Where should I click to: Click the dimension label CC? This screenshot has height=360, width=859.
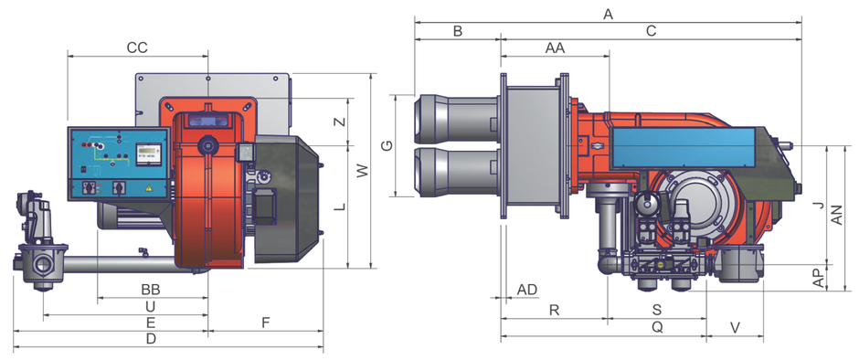point(137,48)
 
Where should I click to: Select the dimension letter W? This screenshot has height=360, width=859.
point(362,171)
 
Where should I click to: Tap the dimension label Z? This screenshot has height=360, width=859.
point(340,122)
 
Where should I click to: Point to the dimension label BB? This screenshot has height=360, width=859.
point(151,289)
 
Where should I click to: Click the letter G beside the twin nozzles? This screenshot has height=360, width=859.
point(387,146)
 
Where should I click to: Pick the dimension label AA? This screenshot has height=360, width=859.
point(555,48)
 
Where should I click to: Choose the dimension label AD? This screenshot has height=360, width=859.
point(527,290)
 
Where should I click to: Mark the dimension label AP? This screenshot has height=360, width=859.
point(820,277)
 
